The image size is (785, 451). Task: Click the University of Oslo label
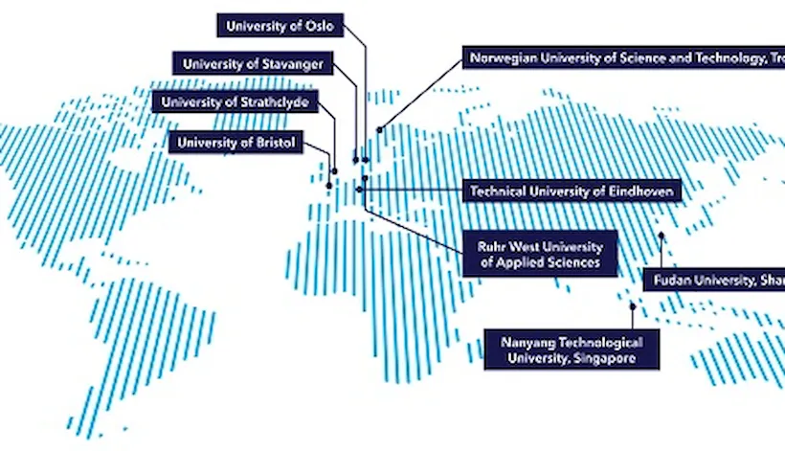tap(279, 27)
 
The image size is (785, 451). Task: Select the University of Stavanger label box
tap(253, 64)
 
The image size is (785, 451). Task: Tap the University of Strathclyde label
tap(234, 101)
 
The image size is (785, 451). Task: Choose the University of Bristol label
tap(235, 143)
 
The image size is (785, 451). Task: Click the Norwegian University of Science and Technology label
tap(623, 58)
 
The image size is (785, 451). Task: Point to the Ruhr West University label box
tap(540, 253)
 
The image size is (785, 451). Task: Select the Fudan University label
tap(714, 280)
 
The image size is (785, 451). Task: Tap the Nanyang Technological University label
tap(572, 350)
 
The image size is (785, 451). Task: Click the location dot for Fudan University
tap(661, 235)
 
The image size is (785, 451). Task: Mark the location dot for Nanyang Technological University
tap(633, 306)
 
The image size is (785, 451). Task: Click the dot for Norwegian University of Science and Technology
tap(379, 128)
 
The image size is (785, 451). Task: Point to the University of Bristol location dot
tap(330, 186)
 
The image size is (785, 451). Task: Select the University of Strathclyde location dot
tap(335, 171)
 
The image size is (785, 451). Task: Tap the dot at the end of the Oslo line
tap(366, 159)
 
